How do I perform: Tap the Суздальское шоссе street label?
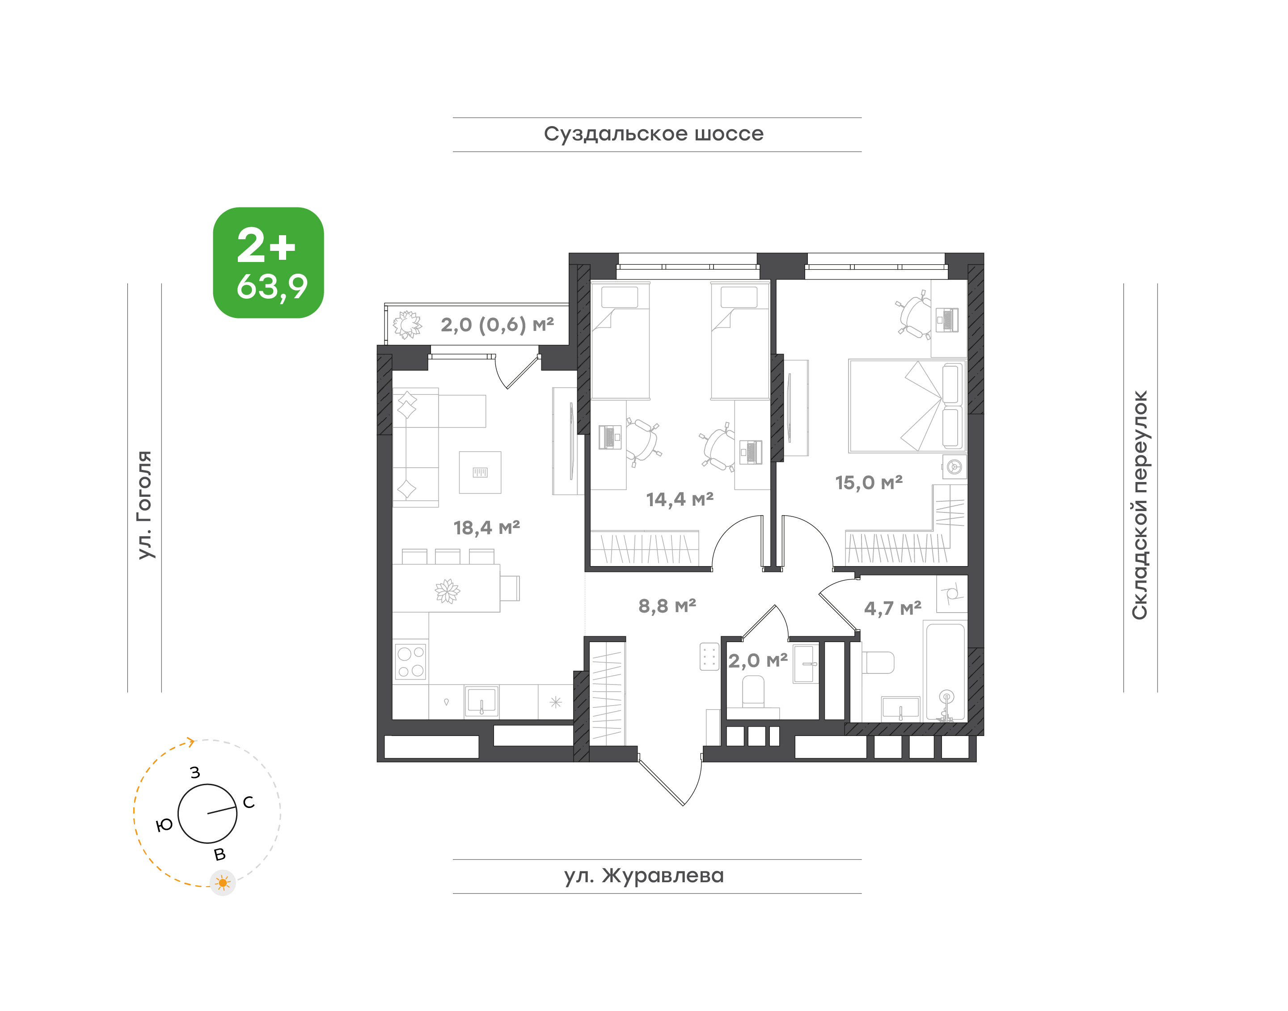tap(654, 134)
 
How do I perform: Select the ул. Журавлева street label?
tap(644, 876)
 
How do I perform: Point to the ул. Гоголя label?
tap(145, 504)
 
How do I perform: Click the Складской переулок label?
tap(1140, 505)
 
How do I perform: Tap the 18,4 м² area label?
tap(486, 527)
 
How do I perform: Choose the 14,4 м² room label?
tap(680, 499)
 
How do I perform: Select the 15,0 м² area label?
tap(868, 482)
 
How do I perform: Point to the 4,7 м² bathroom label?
tap(893, 608)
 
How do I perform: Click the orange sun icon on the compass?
tap(223, 883)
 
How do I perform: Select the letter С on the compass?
tap(249, 802)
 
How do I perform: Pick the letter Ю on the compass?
tap(164, 825)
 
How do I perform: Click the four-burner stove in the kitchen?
tap(411, 662)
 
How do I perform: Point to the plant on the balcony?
tap(407, 324)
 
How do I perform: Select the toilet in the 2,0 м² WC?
tap(753, 692)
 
